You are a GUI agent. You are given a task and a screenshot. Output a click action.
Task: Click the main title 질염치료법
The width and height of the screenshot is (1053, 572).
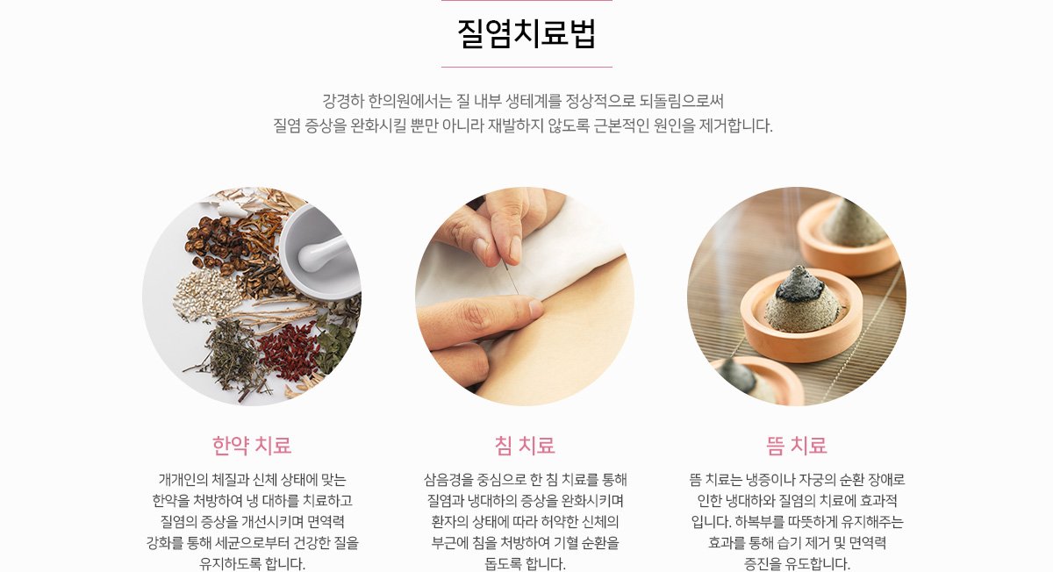[526, 33]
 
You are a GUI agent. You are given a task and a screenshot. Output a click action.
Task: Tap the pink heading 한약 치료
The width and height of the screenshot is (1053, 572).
[252, 445]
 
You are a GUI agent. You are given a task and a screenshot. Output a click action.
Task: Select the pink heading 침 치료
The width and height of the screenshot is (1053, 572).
[525, 445]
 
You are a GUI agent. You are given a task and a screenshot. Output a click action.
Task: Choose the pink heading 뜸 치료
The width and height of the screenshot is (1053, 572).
[797, 445]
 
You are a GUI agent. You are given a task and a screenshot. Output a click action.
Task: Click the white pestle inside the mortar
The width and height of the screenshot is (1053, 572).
[322, 253]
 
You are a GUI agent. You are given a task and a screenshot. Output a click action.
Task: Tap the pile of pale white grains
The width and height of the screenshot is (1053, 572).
[207, 294]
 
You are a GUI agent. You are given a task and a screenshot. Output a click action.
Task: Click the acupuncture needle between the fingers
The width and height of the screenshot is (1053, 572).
[511, 278]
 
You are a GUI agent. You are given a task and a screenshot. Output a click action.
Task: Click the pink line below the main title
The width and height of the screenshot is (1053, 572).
[526, 68]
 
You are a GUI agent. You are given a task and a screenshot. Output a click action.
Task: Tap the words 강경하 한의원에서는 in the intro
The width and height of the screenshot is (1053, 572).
[387, 101]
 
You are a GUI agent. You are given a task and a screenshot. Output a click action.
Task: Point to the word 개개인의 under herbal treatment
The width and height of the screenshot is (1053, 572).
[183, 480]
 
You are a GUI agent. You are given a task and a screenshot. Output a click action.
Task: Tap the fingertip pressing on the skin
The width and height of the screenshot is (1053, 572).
[532, 309]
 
